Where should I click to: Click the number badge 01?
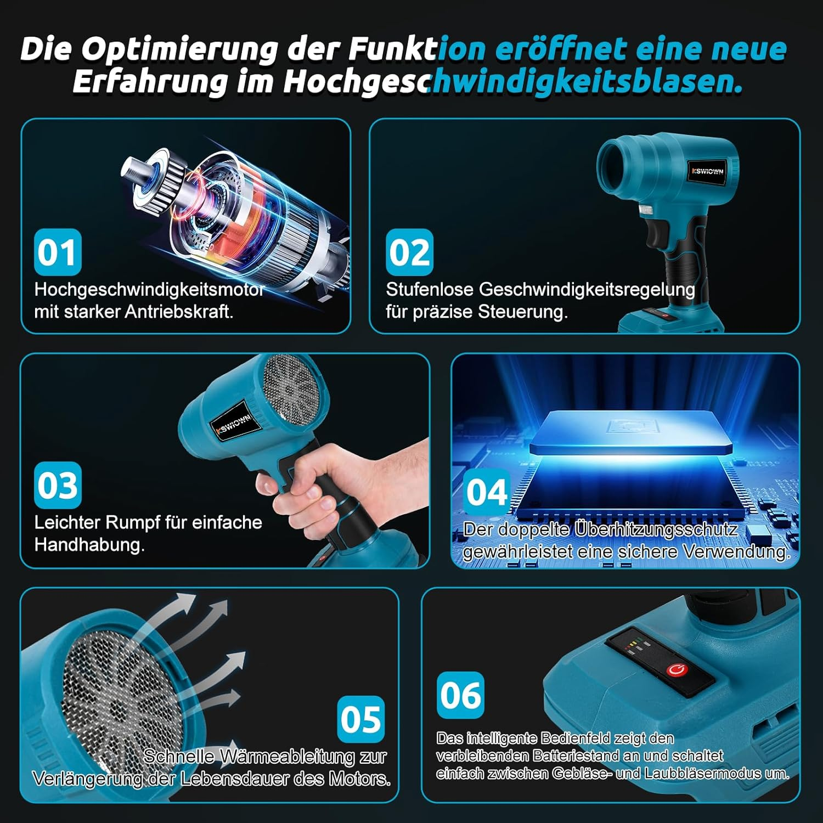pos(57,252)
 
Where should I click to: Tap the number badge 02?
pos(409,252)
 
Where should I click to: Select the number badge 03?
pos(58,486)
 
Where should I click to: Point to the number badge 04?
pos(487,492)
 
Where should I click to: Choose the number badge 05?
pos(360,719)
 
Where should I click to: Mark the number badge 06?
pos(461,695)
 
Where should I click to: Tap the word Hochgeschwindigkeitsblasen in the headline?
pos(512,82)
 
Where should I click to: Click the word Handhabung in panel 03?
pos(89,545)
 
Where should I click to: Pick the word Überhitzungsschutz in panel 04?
pos(656,529)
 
